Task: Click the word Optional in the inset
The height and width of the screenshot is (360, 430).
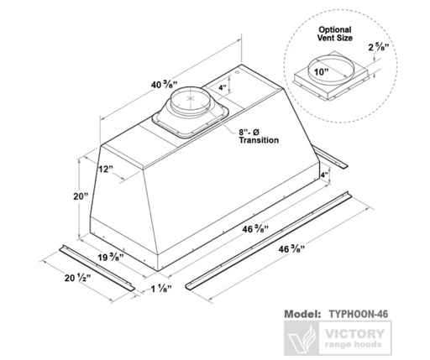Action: point(335,29)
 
